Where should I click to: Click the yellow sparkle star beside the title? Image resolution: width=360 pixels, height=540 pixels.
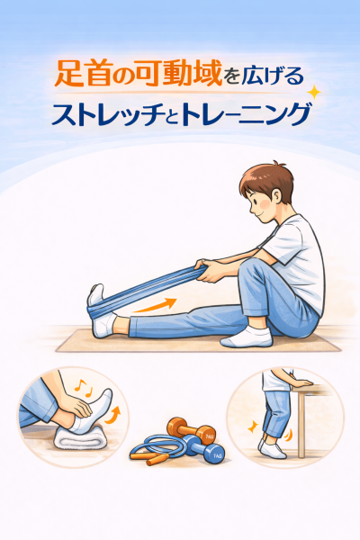[x=314, y=93]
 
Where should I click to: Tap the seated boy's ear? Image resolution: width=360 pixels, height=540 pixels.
[x=276, y=196]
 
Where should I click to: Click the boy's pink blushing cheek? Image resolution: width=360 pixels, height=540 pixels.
[x=265, y=205]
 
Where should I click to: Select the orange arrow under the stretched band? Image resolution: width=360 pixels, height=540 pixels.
[x=155, y=305]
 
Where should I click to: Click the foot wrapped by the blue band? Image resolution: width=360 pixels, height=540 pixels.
[x=100, y=310]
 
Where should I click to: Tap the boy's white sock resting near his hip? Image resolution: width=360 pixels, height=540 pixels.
[x=247, y=337]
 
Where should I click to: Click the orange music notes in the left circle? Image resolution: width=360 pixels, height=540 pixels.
[x=84, y=387]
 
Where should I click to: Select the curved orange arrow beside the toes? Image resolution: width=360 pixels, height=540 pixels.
[x=113, y=415]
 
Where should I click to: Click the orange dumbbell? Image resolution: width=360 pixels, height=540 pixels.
[x=191, y=430]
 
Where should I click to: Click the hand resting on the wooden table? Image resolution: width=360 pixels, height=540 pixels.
[x=300, y=382]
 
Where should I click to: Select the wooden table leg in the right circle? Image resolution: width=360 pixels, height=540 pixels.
[x=301, y=426]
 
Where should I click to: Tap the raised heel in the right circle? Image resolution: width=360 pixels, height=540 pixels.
[x=263, y=445]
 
